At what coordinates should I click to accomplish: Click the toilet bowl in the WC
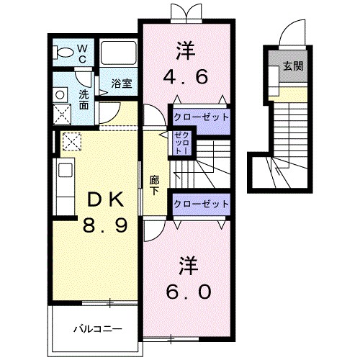63,53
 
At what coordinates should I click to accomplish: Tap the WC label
82,54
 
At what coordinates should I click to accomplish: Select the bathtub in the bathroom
118,53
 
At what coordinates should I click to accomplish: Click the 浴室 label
122,84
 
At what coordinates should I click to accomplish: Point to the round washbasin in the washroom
60,95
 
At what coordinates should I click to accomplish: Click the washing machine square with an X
62,114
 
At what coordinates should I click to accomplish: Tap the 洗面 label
84,100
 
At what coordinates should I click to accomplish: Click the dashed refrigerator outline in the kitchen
72,141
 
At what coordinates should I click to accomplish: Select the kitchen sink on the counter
66,171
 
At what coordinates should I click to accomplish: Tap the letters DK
106,199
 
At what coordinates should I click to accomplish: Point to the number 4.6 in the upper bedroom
186,77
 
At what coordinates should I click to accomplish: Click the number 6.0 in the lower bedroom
189,292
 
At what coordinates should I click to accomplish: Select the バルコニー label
98,328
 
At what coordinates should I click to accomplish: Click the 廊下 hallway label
154,186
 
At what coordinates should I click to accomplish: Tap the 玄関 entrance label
293,66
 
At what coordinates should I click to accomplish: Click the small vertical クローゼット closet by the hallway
182,143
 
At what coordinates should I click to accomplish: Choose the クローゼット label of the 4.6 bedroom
201,117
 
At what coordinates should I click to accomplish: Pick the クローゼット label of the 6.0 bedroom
201,204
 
